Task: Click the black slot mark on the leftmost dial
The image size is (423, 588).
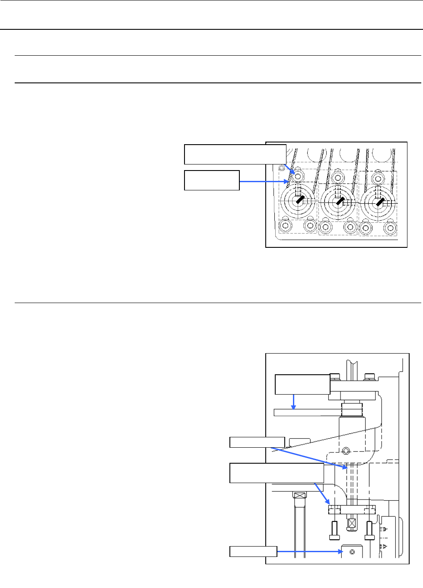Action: (x=299, y=200)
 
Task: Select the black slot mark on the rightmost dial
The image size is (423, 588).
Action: (x=379, y=200)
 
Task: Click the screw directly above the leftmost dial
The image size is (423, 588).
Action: (x=298, y=177)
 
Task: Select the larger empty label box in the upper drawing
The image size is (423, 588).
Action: (x=235, y=155)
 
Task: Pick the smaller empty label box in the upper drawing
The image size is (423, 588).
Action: (x=212, y=180)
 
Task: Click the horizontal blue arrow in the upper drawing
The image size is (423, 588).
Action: (x=264, y=182)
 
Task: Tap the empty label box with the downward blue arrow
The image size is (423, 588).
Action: (x=302, y=384)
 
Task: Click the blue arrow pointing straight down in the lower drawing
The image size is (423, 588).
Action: (x=294, y=401)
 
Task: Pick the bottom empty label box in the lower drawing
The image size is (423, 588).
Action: (x=253, y=551)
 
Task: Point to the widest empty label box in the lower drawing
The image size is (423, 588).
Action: (x=277, y=473)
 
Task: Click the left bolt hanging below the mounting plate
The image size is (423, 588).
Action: (x=334, y=531)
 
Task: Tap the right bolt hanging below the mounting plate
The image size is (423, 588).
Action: (x=369, y=531)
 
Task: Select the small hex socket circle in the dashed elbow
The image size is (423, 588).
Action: (x=346, y=451)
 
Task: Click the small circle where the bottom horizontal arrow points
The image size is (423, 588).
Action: (x=352, y=552)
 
